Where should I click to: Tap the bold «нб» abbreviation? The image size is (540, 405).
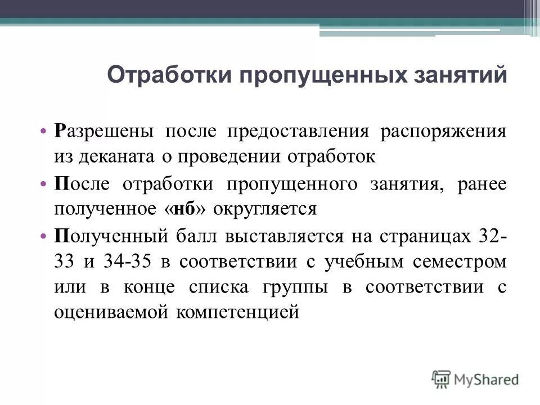181,209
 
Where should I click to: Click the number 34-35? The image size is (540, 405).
142,261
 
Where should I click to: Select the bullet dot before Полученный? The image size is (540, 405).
43,236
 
